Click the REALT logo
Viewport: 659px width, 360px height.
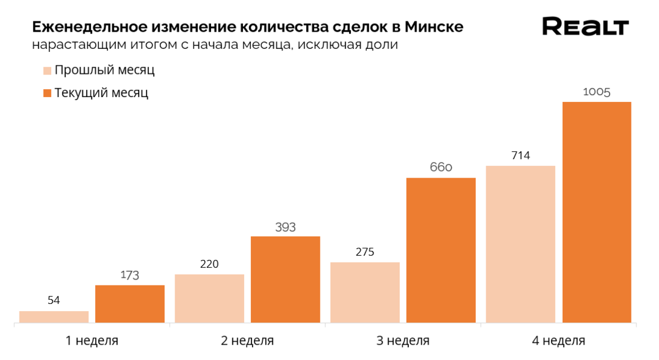[585, 27]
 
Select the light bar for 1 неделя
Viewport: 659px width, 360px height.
[54, 317]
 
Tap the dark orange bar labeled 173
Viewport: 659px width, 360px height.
[130, 304]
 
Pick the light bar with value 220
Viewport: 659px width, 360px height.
[209, 298]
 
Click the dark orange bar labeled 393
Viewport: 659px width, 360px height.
[286, 279]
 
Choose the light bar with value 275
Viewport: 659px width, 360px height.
[365, 292]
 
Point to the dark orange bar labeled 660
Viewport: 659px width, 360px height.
[441, 250]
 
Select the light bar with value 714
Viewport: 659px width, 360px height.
[520, 244]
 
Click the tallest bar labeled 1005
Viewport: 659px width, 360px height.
[597, 212]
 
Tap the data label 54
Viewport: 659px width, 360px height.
[54, 300]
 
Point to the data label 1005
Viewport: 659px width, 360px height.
[597, 92]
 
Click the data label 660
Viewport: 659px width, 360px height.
[441, 167]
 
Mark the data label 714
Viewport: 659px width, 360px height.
[520, 156]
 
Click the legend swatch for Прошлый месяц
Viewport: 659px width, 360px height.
[47, 71]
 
